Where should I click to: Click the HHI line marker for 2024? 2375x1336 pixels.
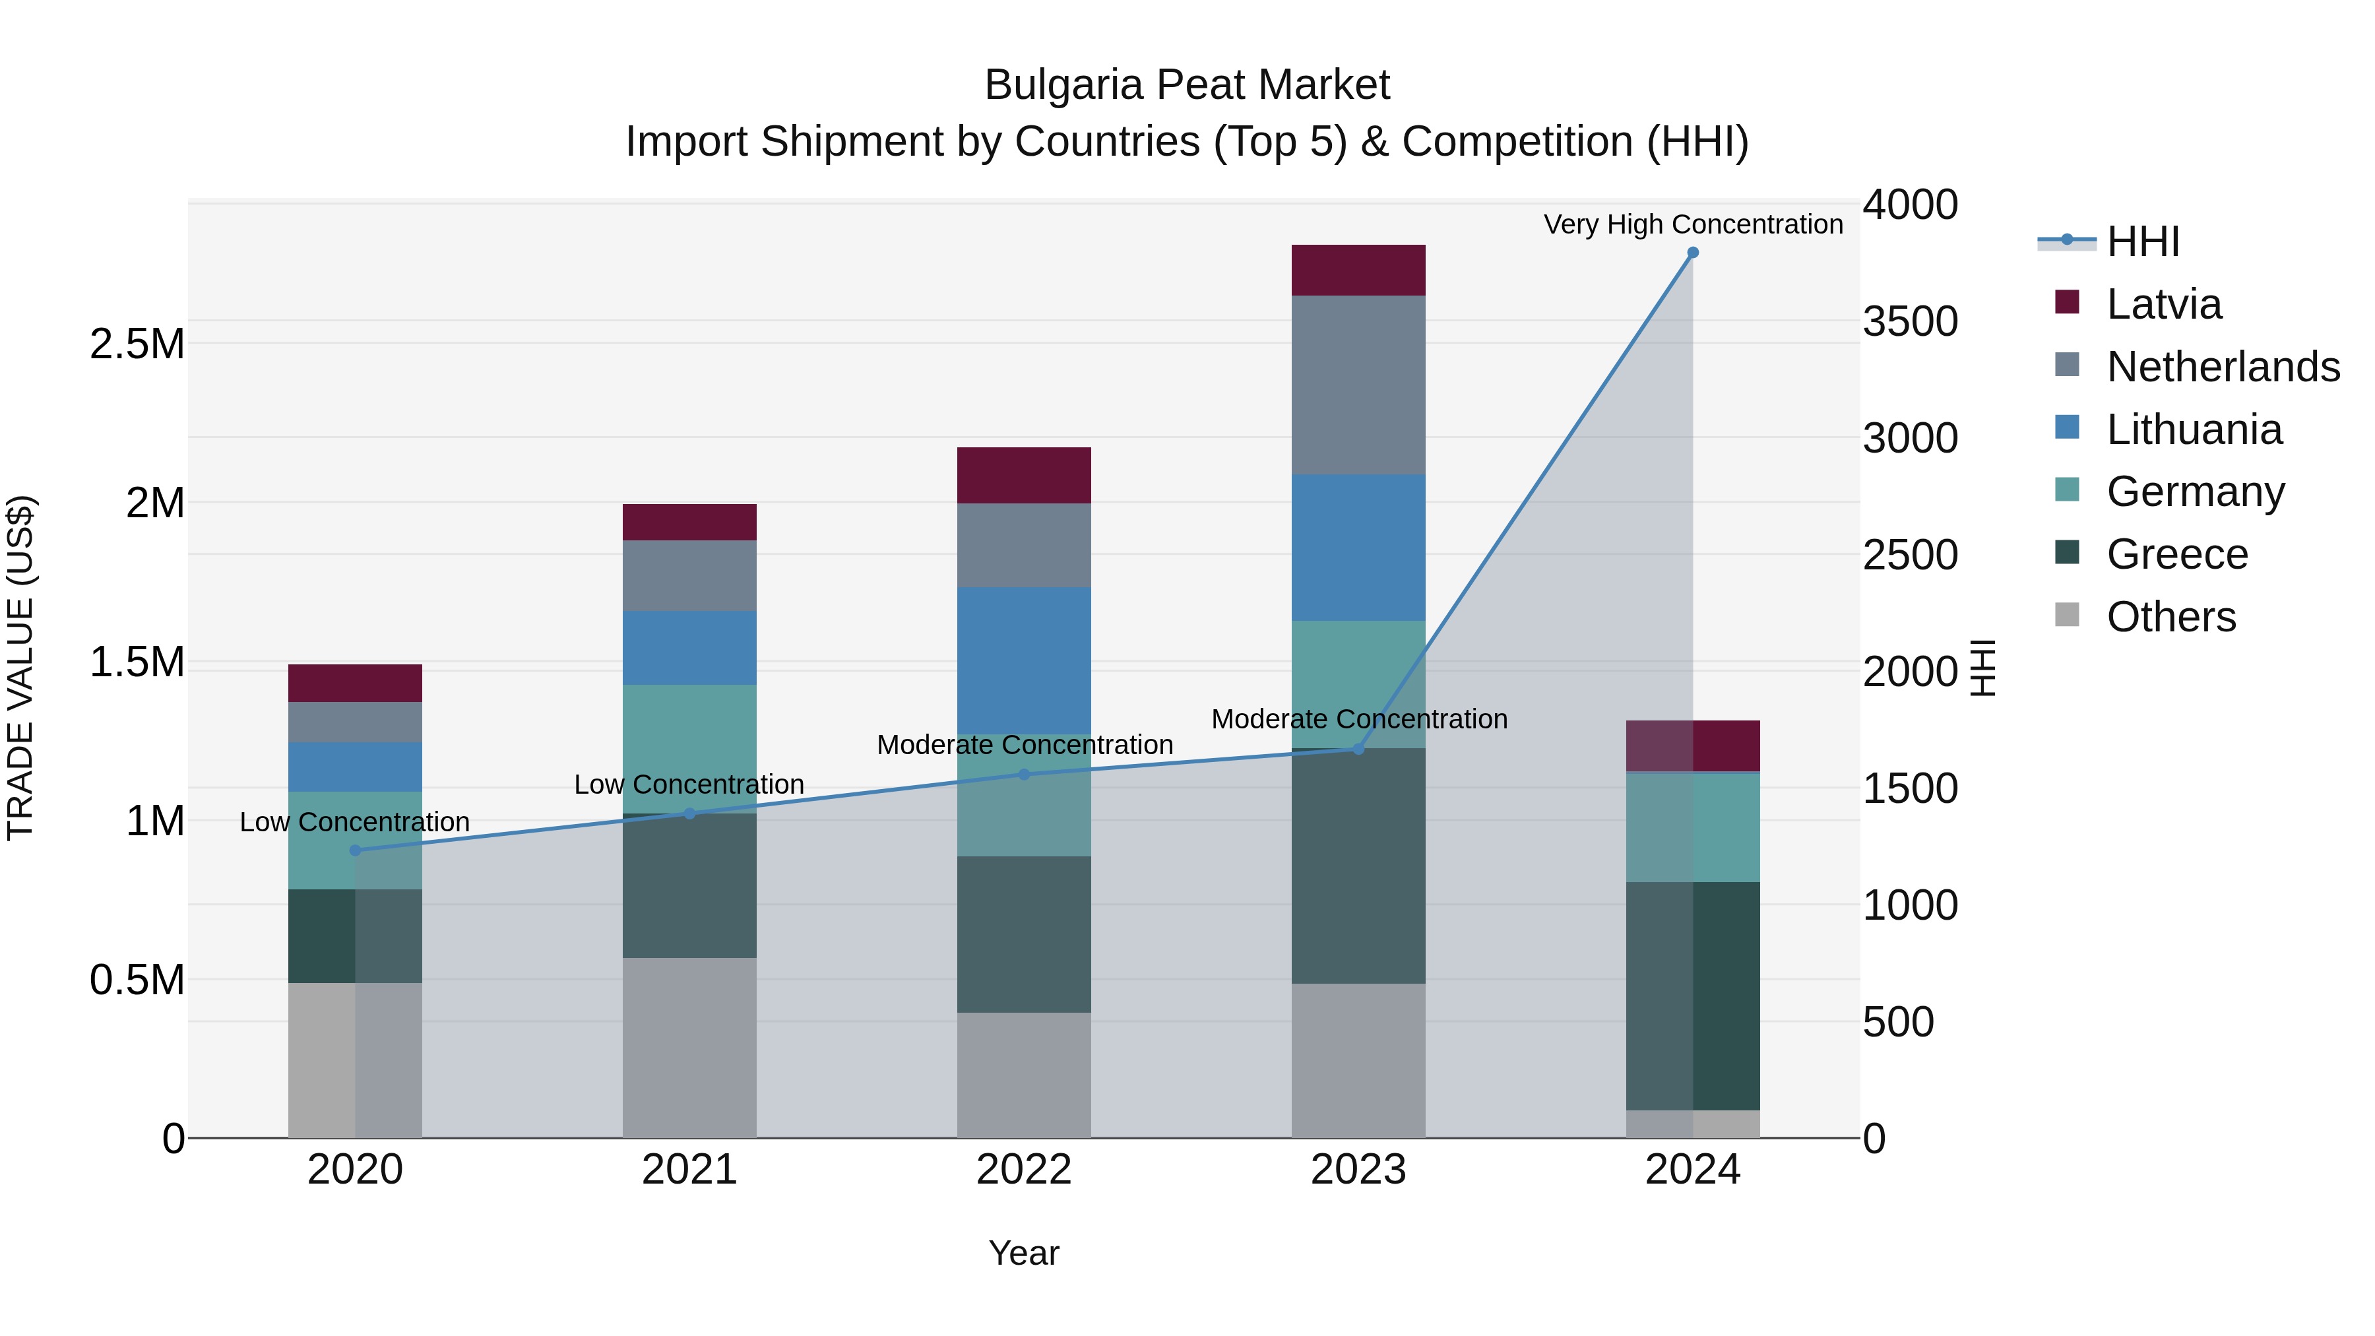pyautogui.click(x=1693, y=253)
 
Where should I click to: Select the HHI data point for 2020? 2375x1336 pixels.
pyautogui.click(x=355, y=850)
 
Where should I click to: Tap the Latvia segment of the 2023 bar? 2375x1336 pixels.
pyautogui.click(x=1358, y=270)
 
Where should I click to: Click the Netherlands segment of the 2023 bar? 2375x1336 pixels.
pyautogui.click(x=1358, y=385)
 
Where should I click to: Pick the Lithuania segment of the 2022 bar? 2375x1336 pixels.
pyautogui.click(x=1023, y=660)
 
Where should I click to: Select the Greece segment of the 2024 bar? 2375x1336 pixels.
pyautogui.click(x=1693, y=996)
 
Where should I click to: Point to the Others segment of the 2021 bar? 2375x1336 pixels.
pyautogui.click(x=689, y=1048)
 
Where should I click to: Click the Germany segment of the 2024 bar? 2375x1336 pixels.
pyautogui.click(x=1693, y=827)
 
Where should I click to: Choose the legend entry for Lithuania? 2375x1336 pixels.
pyautogui.click(x=2194, y=429)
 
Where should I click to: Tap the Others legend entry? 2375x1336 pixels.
pyautogui.click(x=2170, y=617)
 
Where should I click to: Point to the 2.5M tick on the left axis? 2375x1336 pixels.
pyautogui.click(x=137, y=344)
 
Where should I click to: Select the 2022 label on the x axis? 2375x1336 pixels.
pyautogui.click(x=1023, y=1170)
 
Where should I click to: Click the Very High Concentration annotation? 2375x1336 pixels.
pyautogui.click(x=1693, y=224)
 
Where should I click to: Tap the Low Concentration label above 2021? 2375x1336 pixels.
pyautogui.click(x=689, y=784)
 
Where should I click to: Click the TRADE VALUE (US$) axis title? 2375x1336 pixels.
pyautogui.click(x=20, y=668)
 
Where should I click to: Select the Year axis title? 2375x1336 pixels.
pyautogui.click(x=1023, y=1253)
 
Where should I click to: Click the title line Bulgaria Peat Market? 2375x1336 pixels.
pyautogui.click(x=1187, y=85)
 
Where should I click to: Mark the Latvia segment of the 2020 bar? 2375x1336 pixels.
pyautogui.click(x=355, y=684)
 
